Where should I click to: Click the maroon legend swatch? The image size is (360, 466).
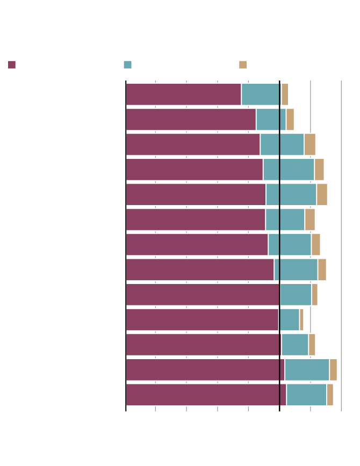[x=12, y=65]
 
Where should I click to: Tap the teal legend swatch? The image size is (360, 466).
[x=127, y=65]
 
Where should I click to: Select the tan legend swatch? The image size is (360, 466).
[x=243, y=65]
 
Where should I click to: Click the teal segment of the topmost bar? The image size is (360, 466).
[x=261, y=94]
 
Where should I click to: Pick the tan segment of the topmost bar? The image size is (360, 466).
[x=285, y=94]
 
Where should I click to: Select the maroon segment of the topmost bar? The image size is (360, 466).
[x=183, y=94]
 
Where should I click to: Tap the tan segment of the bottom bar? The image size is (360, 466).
[x=330, y=395]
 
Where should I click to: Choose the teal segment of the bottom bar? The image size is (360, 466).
[x=306, y=395]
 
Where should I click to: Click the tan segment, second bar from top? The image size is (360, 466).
[x=290, y=119]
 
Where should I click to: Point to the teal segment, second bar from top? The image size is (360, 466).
[x=271, y=119]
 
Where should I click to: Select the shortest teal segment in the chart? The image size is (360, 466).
[x=289, y=319]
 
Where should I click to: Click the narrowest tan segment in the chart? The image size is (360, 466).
[x=301, y=319]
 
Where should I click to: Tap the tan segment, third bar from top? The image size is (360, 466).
[x=309, y=144]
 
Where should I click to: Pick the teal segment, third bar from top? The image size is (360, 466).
[x=282, y=144]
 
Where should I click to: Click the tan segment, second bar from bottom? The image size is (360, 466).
[x=333, y=369]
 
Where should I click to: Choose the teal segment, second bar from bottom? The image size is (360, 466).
[x=307, y=369]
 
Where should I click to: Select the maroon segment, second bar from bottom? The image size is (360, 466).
[x=205, y=369]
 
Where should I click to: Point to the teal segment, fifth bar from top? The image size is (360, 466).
[x=291, y=194]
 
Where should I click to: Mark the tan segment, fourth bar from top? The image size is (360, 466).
[x=319, y=169]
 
